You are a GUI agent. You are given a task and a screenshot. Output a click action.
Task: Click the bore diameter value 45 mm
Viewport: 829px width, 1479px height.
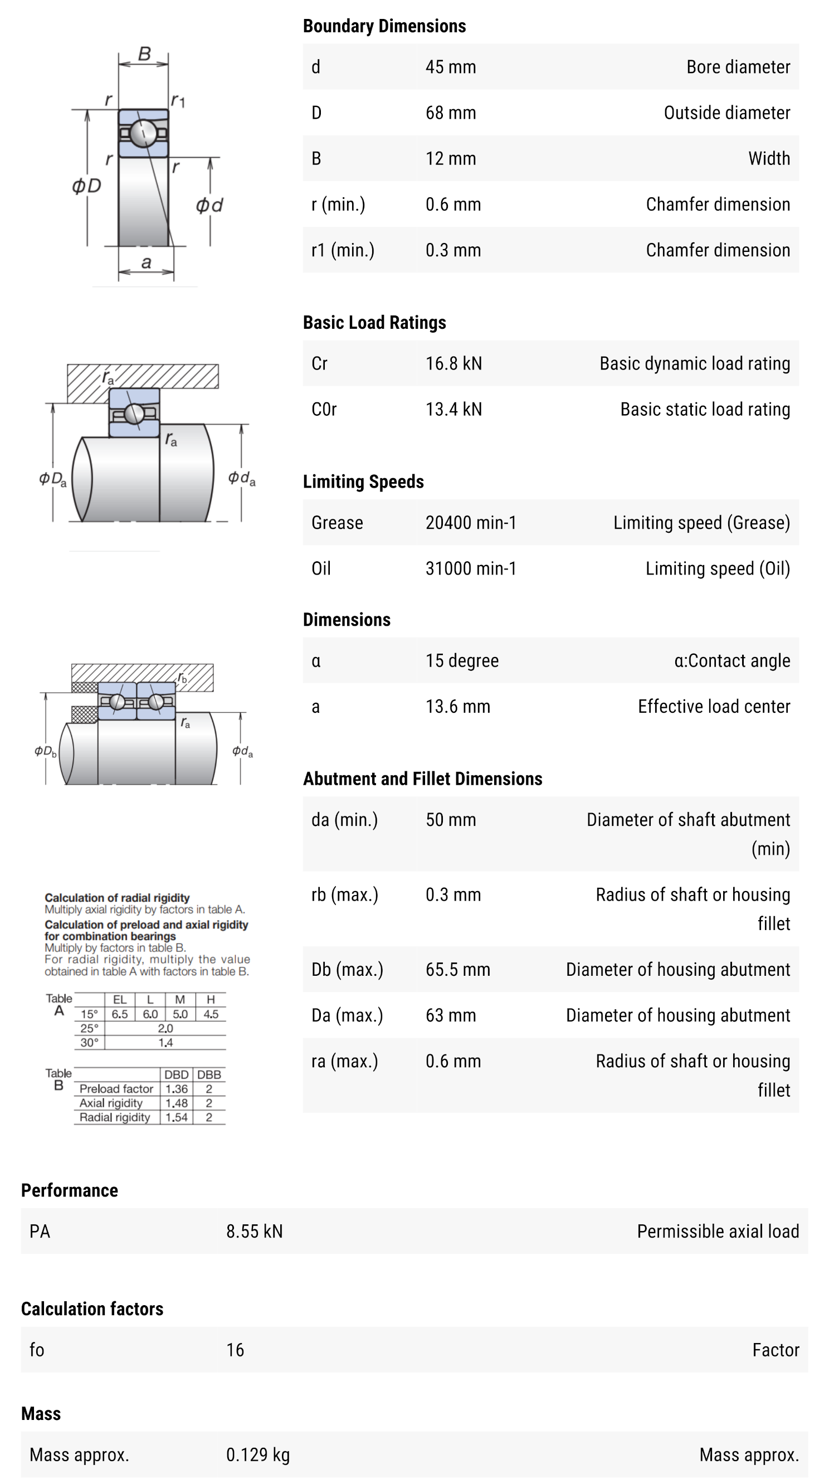click(450, 67)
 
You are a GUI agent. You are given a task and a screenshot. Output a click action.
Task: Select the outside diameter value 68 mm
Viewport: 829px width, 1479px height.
click(450, 113)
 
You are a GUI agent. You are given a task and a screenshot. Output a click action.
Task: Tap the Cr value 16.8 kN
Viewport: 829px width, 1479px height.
click(453, 363)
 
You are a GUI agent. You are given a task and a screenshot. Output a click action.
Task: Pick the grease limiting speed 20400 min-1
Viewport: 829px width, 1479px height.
click(470, 523)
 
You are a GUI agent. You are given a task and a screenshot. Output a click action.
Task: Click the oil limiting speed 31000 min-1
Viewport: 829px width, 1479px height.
click(470, 568)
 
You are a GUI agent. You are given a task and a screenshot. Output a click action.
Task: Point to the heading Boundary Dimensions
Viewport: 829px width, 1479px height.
click(384, 26)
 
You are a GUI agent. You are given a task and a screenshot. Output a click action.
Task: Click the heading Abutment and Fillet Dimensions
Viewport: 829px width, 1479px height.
click(422, 779)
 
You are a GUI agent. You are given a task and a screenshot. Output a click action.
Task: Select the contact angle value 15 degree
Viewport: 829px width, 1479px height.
click(461, 661)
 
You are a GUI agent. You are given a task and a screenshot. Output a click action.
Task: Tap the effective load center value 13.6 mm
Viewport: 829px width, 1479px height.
click(457, 707)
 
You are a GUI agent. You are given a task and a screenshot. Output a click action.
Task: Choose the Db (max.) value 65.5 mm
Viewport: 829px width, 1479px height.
click(457, 970)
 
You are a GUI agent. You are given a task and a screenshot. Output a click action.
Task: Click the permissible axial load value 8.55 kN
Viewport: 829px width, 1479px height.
click(253, 1232)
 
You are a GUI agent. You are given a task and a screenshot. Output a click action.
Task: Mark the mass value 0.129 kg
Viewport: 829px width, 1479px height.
click(257, 1454)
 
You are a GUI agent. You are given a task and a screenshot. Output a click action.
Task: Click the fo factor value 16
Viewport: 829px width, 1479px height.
click(235, 1350)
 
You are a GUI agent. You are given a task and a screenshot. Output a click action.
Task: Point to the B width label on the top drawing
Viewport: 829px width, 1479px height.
click(144, 54)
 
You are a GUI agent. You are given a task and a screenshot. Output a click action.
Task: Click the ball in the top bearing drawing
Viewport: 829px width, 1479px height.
click(143, 133)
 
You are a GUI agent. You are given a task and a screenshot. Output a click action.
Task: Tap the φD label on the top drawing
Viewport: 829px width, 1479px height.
click(87, 186)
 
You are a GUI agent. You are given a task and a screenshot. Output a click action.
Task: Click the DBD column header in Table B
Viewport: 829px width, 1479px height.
click(176, 1075)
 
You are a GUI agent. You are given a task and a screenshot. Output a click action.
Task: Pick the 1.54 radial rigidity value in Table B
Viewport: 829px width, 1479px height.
click(176, 1117)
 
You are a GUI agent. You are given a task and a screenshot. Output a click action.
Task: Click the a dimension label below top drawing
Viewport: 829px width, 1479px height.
click(147, 263)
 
